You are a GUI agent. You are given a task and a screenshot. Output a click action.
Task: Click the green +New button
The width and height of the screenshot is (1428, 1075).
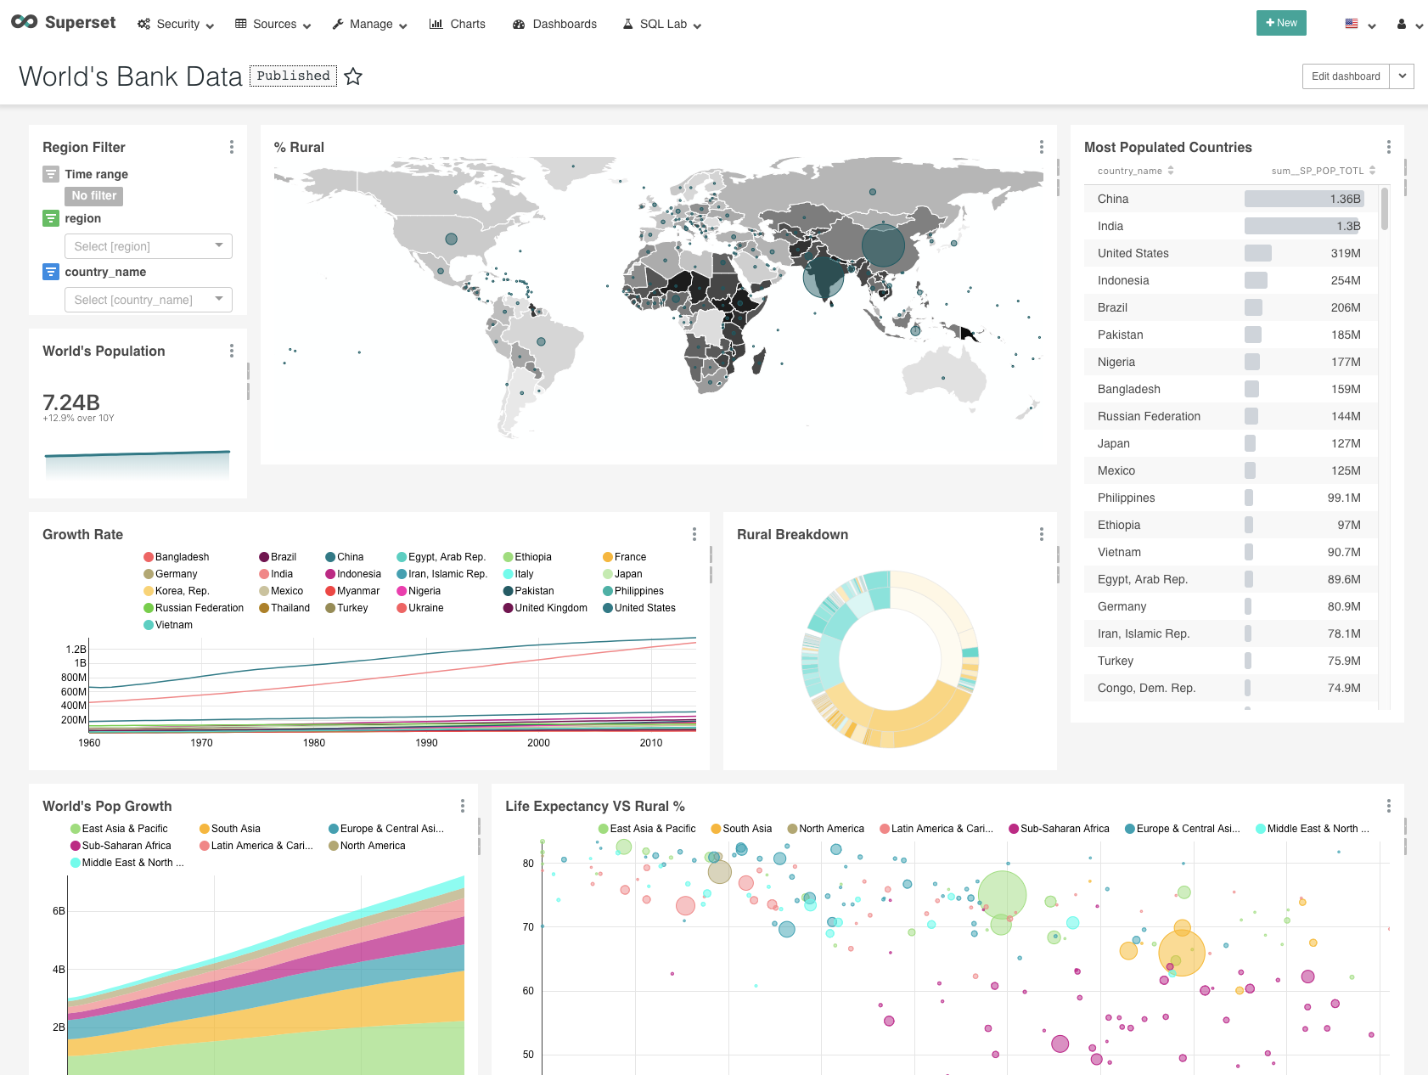[1280, 23]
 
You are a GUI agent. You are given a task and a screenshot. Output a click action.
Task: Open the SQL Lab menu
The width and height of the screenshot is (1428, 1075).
[662, 24]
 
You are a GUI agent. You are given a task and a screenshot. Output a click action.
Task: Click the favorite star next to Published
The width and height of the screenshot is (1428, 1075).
[353, 76]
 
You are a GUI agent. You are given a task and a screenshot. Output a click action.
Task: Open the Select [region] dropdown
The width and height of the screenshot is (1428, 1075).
[148, 246]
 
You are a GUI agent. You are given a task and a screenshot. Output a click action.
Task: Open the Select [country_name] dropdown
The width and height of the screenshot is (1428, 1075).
[148, 300]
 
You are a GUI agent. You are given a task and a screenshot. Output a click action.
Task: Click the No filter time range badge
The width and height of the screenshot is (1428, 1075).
[93, 196]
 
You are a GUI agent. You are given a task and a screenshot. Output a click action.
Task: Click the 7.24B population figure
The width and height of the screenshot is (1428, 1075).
[71, 402]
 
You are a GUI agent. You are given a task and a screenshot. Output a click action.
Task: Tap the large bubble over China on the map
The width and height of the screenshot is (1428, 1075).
[883, 245]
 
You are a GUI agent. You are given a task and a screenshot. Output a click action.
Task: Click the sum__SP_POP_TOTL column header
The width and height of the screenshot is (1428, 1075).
[1317, 171]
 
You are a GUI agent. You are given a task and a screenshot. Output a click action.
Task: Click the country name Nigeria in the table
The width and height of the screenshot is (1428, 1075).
[1116, 362]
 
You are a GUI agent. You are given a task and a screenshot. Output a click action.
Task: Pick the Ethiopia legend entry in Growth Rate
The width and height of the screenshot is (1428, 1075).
[532, 557]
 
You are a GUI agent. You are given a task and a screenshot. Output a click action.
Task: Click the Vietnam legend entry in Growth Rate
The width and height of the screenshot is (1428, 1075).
[173, 625]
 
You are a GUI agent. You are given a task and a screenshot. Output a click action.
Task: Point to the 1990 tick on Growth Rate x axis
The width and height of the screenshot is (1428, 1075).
[426, 743]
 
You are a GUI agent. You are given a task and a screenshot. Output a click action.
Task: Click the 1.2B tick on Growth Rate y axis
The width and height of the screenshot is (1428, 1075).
[76, 650]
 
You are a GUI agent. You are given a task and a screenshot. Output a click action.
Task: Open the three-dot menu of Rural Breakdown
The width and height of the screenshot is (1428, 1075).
[1041, 534]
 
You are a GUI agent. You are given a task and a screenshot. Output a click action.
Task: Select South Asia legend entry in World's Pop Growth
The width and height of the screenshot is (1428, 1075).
[235, 829]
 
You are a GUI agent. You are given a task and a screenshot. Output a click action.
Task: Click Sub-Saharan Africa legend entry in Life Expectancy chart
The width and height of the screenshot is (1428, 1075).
[1064, 829]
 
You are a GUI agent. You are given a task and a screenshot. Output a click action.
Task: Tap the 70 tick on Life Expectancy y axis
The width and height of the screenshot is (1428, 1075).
[528, 927]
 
